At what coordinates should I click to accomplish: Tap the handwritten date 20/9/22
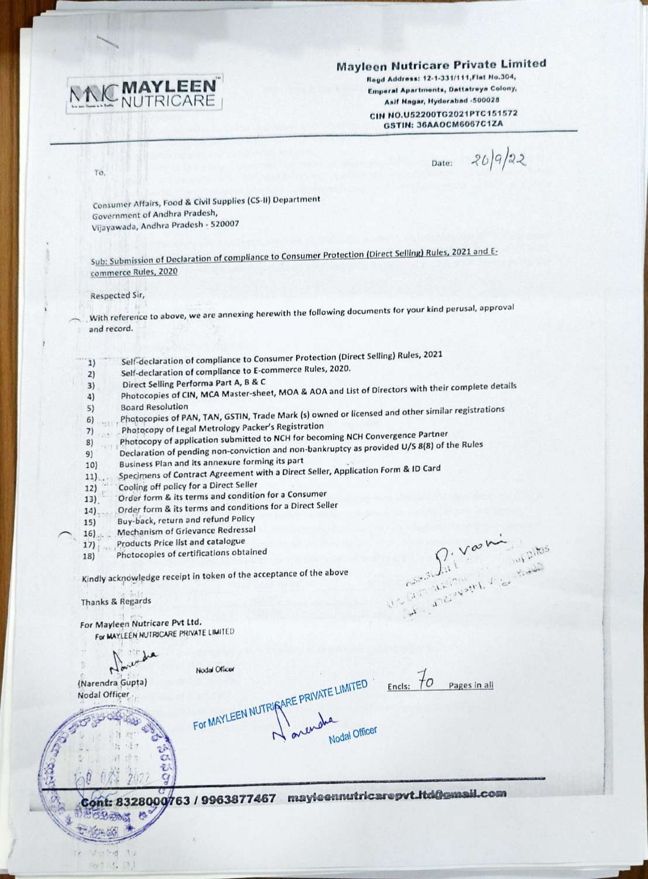tap(494, 158)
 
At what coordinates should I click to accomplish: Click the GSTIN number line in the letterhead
tap(443, 124)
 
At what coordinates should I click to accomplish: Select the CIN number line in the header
tap(443, 114)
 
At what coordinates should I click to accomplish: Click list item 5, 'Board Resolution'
tap(154, 407)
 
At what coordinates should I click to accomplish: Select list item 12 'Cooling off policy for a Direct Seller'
tap(187, 486)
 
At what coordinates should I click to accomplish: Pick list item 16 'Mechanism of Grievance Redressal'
tap(186, 531)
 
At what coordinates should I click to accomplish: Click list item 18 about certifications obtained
tap(191, 553)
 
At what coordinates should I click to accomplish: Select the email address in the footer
tap(396, 796)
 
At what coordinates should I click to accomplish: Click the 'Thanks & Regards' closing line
tap(116, 601)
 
